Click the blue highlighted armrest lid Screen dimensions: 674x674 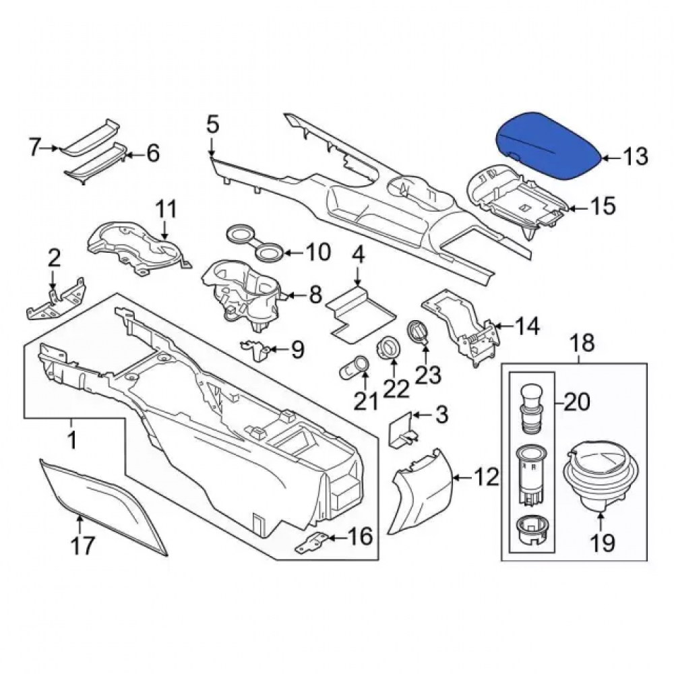point(548,146)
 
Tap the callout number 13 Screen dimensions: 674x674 point(636,157)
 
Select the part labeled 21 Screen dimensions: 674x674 point(355,367)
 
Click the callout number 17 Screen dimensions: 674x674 point(82,546)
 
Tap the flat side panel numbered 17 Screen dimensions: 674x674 point(103,508)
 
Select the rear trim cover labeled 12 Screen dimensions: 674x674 point(423,490)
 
